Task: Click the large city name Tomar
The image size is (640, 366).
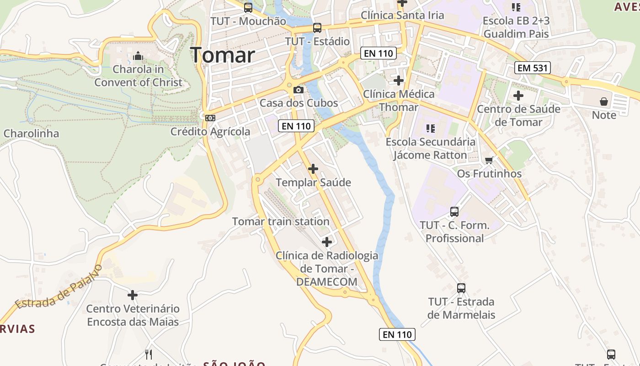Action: click(x=223, y=55)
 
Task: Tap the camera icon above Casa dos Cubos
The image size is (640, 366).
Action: click(x=299, y=90)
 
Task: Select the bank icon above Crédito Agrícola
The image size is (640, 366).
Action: click(x=210, y=118)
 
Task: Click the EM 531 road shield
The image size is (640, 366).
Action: click(x=532, y=68)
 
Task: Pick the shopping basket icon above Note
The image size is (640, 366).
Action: click(x=604, y=101)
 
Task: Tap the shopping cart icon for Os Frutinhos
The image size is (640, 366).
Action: click(x=489, y=160)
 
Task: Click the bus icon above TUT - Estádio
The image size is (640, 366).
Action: click(x=317, y=27)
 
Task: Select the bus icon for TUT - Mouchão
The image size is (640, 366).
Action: click(x=248, y=7)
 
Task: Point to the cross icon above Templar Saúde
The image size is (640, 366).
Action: click(x=313, y=169)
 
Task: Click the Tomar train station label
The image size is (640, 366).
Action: click(x=281, y=221)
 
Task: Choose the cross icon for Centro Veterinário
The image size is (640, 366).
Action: click(x=133, y=295)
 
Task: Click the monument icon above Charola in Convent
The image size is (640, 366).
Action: click(x=138, y=56)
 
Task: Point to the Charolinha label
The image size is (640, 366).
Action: click(x=32, y=134)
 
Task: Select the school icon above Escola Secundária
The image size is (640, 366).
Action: click(x=430, y=128)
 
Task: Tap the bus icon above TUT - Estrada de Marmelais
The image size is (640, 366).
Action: click(x=461, y=288)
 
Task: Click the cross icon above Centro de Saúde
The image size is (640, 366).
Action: click(x=518, y=96)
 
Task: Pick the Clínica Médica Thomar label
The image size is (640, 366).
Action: click(x=399, y=101)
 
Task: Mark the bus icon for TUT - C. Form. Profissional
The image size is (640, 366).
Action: click(x=454, y=212)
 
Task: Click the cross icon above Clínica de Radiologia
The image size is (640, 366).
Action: click(x=327, y=242)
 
